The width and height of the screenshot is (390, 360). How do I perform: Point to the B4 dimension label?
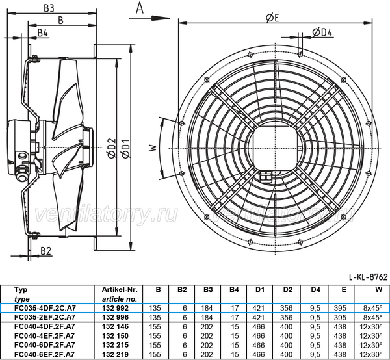(43, 32)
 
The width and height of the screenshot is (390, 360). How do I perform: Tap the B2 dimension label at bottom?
(46, 250)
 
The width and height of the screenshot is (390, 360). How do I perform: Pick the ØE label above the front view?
(272, 18)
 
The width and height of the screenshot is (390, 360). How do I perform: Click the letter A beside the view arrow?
(138, 8)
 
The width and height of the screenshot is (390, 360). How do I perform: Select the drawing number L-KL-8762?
(368, 277)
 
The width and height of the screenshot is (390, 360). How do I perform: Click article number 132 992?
(116, 308)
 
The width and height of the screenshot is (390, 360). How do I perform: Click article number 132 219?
(116, 354)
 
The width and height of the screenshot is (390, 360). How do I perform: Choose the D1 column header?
(259, 290)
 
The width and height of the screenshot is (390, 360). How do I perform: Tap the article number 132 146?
(116, 326)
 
